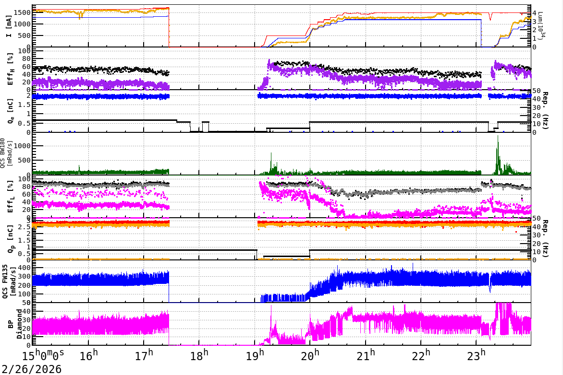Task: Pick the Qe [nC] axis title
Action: [11, 111]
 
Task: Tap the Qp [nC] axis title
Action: [11, 239]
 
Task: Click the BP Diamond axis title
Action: [11, 324]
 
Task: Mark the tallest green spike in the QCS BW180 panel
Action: [498, 136]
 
